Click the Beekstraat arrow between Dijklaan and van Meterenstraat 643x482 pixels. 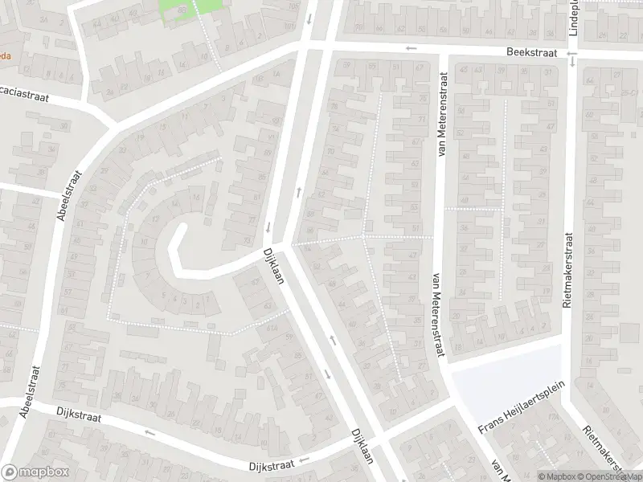click(x=412, y=48)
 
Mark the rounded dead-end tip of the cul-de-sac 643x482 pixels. click(x=178, y=231)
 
